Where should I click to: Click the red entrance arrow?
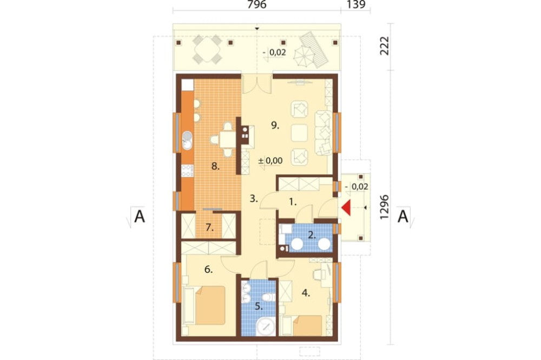[x=346, y=208]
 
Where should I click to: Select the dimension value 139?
[x=356, y=5]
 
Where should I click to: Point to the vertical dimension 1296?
[x=384, y=207]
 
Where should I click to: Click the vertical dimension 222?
[x=384, y=45]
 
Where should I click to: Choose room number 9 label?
[x=275, y=125]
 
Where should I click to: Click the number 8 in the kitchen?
[x=215, y=166]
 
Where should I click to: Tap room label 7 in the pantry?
[x=209, y=228]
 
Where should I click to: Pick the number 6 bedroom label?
[x=208, y=269]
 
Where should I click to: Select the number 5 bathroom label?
[x=259, y=306]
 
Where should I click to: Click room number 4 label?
[x=306, y=293]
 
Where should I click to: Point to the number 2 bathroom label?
[x=312, y=235]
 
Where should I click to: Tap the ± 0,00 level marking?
[x=270, y=161]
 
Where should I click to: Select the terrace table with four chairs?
[x=207, y=49]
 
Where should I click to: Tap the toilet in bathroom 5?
[x=268, y=297]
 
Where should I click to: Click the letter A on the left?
[x=140, y=217]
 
